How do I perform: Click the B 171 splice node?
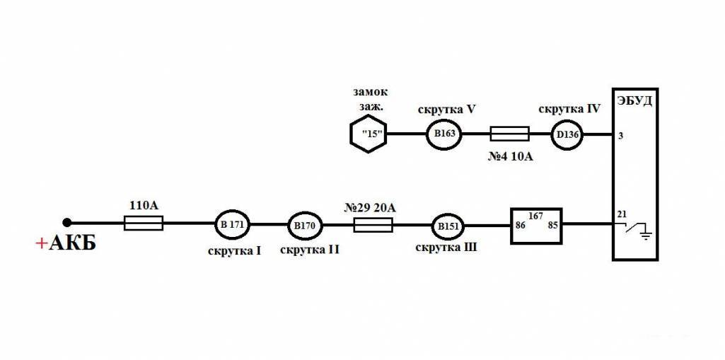tap(233, 224)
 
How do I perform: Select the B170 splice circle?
tap(305, 226)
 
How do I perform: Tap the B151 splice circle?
tap(448, 226)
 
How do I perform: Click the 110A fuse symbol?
tap(144, 223)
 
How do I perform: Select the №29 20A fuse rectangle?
tap(372, 225)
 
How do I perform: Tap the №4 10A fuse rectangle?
tap(509, 133)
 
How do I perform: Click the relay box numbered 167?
tap(536, 225)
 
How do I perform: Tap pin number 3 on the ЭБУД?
tap(620, 136)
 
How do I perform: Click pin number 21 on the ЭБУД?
tap(622, 214)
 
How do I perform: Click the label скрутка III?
tap(446, 248)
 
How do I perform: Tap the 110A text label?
tap(144, 206)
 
